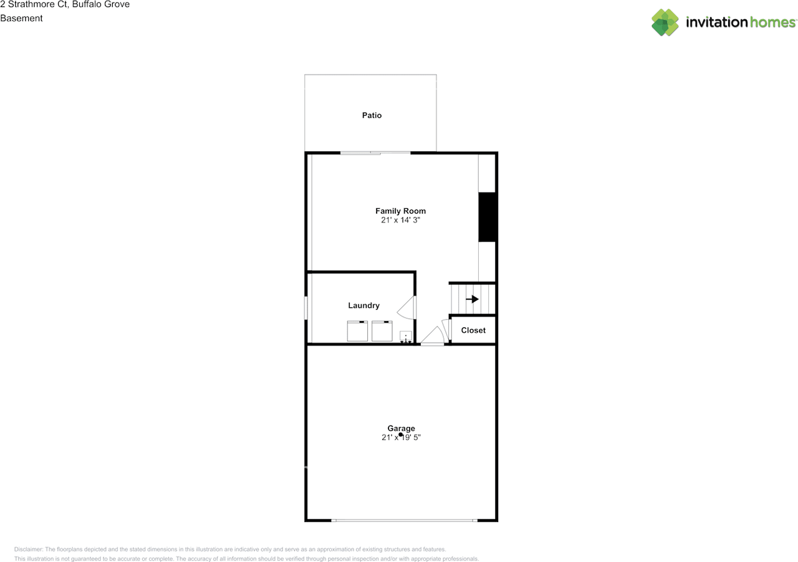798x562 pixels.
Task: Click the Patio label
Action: pyautogui.click(x=372, y=115)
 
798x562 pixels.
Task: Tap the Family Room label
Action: pyautogui.click(x=400, y=211)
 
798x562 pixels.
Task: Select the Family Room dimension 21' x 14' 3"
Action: pyautogui.click(x=400, y=220)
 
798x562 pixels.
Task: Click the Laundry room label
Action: pyautogui.click(x=363, y=305)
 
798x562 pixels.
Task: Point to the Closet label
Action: pyautogui.click(x=473, y=330)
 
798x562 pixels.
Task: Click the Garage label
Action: pyautogui.click(x=401, y=429)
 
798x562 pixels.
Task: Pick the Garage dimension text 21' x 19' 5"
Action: pyautogui.click(x=401, y=437)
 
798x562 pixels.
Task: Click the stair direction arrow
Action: pyautogui.click(x=472, y=299)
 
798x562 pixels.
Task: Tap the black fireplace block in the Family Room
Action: pyautogui.click(x=487, y=217)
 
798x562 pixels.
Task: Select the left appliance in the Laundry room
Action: pyautogui.click(x=357, y=331)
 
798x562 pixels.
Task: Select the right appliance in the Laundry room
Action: pyautogui.click(x=382, y=331)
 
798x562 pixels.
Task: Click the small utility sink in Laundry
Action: pyautogui.click(x=406, y=337)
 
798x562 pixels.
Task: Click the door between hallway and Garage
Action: pyautogui.click(x=433, y=337)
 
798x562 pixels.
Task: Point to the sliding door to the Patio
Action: pyautogui.click(x=375, y=153)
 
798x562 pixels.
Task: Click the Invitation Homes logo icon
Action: pyautogui.click(x=665, y=22)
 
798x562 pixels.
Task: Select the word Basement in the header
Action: pyautogui.click(x=21, y=18)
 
